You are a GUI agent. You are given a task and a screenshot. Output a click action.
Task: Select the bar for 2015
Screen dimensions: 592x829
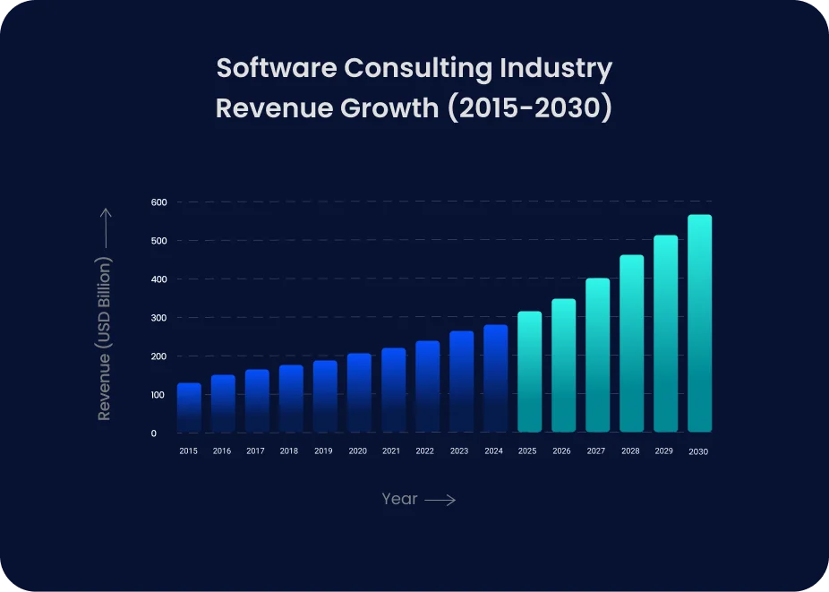click(189, 408)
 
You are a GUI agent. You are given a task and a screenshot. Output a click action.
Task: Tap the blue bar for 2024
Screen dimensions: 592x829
click(495, 379)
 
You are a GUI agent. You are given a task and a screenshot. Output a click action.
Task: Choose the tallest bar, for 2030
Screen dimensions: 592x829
click(699, 323)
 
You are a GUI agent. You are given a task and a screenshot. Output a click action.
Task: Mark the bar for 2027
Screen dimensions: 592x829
click(597, 356)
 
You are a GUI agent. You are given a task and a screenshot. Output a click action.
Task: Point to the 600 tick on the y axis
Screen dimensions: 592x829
click(159, 202)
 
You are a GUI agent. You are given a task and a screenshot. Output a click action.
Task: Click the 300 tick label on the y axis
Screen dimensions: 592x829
click(159, 318)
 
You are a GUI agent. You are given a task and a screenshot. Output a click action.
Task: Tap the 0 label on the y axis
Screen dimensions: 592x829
click(153, 433)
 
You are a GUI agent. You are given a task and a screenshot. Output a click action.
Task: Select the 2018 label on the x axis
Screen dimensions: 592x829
click(290, 451)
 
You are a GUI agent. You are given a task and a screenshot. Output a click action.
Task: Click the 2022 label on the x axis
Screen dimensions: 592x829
click(426, 451)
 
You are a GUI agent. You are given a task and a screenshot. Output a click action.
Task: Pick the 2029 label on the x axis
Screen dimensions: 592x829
click(664, 451)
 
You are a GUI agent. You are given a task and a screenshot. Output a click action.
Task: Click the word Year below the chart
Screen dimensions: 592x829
click(399, 500)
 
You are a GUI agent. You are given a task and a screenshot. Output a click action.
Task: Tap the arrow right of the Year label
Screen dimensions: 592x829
click(440, 501)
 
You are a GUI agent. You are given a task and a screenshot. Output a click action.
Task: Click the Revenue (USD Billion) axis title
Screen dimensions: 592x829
click(105, 339)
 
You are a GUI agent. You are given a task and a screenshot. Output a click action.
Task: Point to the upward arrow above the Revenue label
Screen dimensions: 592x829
click(105, 228)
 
